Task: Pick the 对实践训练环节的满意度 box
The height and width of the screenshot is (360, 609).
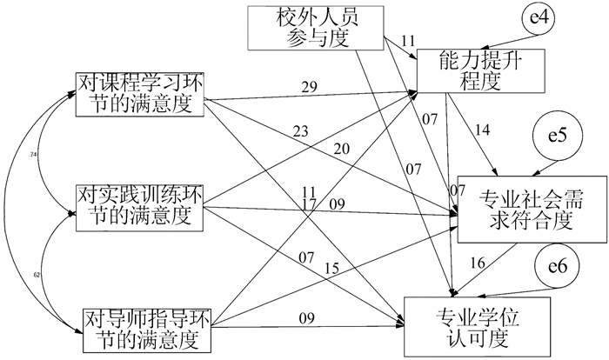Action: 140,207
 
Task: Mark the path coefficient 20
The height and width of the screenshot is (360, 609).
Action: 341,150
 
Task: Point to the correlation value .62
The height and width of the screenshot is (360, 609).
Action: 37,275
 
